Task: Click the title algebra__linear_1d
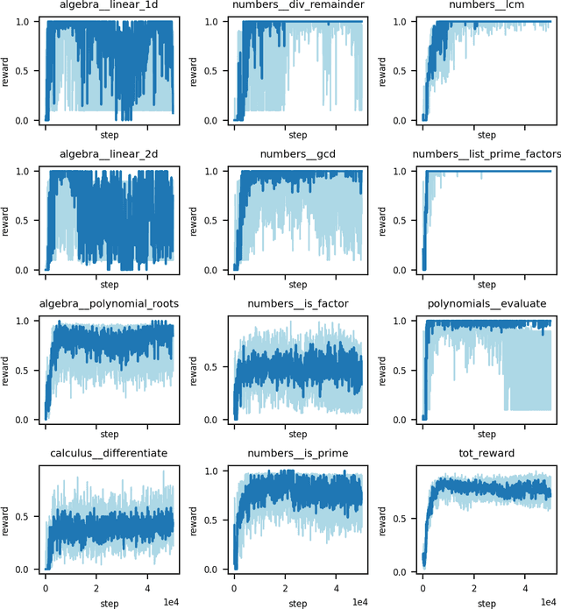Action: (x=109, y=6)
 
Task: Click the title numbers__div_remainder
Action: (x=297, y=6)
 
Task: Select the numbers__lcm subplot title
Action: (x=486, y=6)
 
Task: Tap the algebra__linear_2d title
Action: (x=109, y=155)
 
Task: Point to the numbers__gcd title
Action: (x=297, y=155)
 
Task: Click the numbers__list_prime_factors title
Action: (x=486, y=155)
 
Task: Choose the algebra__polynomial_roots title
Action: (x=109, y=304)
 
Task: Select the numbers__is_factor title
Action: (x=297, y=304)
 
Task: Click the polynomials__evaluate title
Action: (x=486, y=304)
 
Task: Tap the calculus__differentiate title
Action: (x=109, y=453)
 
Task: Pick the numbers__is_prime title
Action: (x=297, y=453)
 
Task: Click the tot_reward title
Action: (x=486, y=453)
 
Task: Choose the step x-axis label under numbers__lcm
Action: (x=486, y=136)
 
